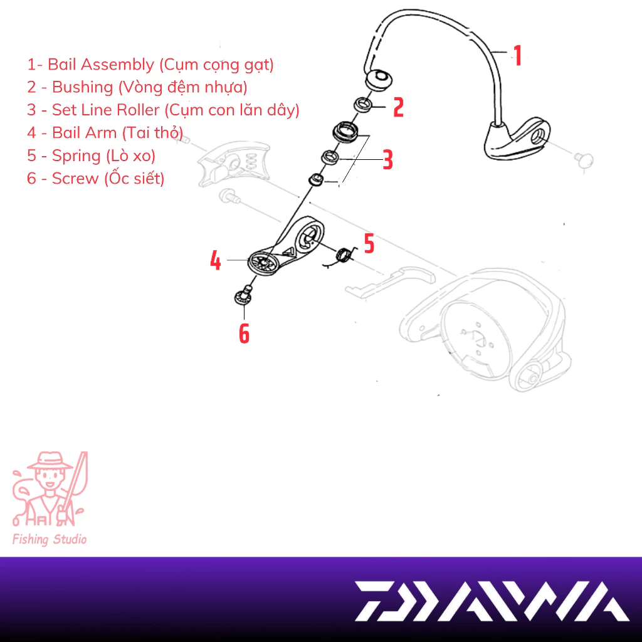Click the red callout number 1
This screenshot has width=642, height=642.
(517, 55)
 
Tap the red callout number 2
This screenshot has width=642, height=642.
(398, 107)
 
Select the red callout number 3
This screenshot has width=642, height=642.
(387, 160)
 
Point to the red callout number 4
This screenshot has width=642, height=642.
(216, 260)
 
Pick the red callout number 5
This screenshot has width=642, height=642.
(369, 243)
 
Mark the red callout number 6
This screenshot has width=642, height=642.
(244, 334)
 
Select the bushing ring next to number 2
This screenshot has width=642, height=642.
(363, 105)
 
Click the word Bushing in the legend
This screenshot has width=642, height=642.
(83, 87)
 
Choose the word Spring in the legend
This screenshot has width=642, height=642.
(76, 156)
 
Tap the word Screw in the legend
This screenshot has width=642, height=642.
(75, 179)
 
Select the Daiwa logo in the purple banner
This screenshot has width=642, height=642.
(492, 601)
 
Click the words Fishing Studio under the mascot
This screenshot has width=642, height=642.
(50, 539)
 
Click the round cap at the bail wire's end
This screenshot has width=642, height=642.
(378, 80)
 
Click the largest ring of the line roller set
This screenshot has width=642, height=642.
(346, 132)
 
